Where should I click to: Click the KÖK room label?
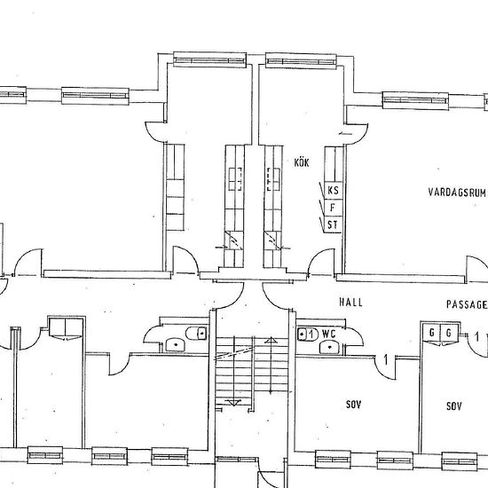(302, 162)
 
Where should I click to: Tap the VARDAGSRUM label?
(457, 193)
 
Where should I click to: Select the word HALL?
(350, 303)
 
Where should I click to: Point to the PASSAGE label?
(467, 304)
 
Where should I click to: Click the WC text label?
(329, 335)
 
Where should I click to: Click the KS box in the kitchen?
(333, 190)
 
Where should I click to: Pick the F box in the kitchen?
(333, 208)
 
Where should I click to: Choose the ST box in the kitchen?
(333, 224)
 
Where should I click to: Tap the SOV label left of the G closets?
(353, 405)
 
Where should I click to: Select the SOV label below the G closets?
(454, 406)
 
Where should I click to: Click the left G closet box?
(431, 333)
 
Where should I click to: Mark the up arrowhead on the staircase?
(271, 340)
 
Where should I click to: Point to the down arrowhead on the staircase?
(233, 403)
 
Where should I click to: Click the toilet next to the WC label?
(308, 335)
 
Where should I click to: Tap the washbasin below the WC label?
(330, 347)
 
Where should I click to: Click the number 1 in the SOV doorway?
(386, 360)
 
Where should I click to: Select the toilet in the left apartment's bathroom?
(196, 334)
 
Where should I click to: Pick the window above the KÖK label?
(301, 60)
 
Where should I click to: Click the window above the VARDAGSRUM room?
(415, 100)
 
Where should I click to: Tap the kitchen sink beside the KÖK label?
(273, 179)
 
